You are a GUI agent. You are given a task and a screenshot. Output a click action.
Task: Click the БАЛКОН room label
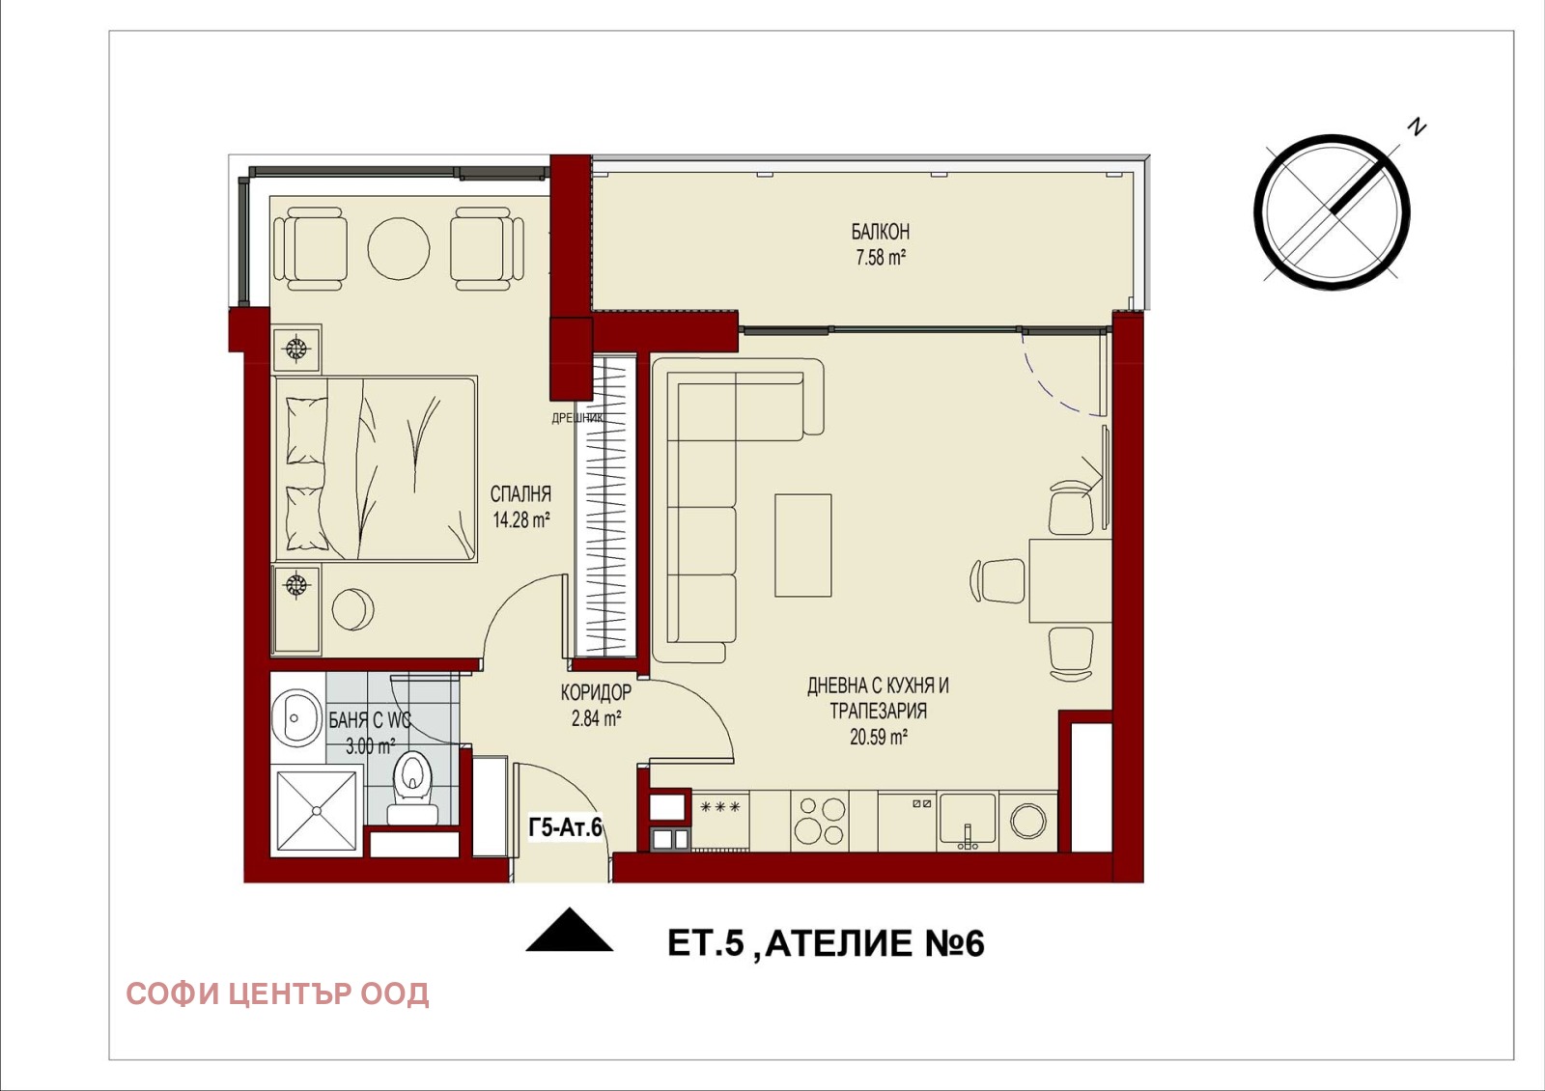880,232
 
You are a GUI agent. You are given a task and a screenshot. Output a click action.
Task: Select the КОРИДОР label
596,691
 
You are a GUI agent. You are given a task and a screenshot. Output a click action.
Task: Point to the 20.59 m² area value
878,738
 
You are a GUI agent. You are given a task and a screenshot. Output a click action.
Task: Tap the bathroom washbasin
296,717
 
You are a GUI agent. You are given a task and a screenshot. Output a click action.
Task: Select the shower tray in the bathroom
317,811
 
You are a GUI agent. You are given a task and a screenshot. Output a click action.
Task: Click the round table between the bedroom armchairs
399,248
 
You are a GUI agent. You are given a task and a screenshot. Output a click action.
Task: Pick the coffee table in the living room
802,545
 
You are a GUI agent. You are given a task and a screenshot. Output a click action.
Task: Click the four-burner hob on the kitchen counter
820,821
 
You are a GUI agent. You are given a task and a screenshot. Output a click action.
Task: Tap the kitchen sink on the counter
967,819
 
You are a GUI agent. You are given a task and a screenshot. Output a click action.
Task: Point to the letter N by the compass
1417,126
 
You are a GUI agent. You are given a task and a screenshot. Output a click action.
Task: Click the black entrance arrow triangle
569,930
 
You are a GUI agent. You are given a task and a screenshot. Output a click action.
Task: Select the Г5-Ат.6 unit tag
566,827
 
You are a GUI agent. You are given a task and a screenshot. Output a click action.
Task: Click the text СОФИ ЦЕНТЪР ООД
277,994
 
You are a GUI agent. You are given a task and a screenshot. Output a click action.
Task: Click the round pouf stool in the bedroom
353,609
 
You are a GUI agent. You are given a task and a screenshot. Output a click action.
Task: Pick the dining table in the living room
1070,580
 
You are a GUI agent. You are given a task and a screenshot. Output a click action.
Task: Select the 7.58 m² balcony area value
880,258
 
